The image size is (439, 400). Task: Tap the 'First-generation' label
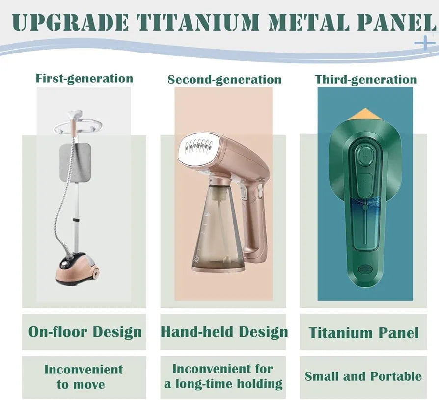[84, 79]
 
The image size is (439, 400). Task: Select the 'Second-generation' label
[224, 80]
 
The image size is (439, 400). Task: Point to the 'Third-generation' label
[366, 80]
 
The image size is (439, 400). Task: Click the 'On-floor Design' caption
[85, 332]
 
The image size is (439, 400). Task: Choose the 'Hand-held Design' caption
[224, 332]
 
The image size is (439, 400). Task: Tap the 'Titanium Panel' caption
[364, 333]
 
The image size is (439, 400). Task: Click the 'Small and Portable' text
[363, 376]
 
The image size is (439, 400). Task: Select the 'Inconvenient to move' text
[83, 377]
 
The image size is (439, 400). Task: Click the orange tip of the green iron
[365, 114]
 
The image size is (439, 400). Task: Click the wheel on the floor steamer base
[95, 273]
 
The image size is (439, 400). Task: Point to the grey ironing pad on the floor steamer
[75, 162]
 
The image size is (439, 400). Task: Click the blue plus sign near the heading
[425, 43]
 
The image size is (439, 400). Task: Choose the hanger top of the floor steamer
[77, 123]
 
